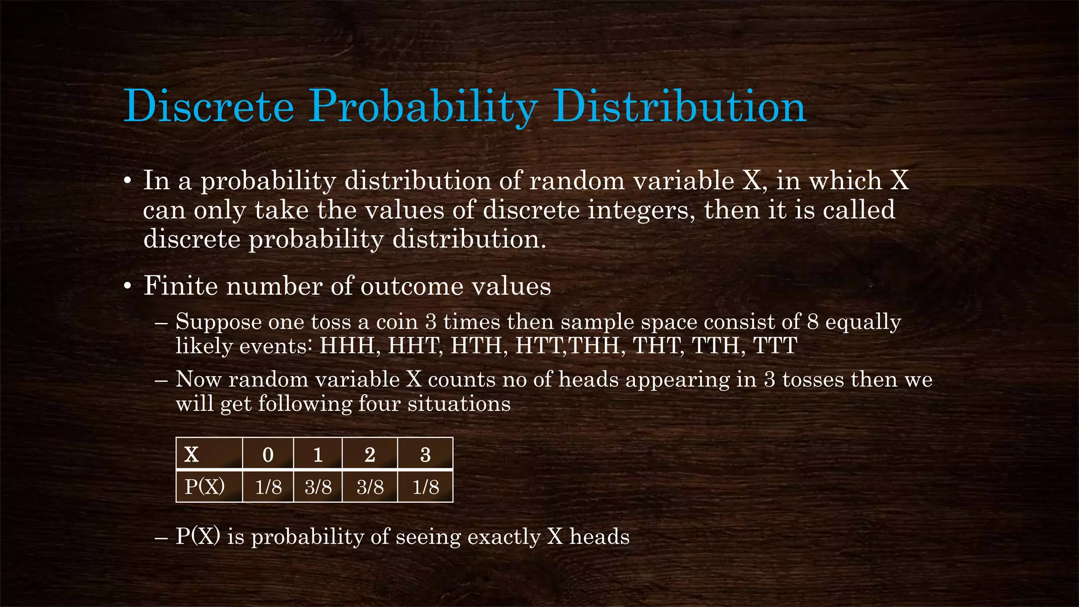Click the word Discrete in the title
tap(209, 107)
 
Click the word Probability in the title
tap(422, 107)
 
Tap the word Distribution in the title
tap(680, 107)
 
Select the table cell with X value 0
tap(268, 454)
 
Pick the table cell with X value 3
tap(425, 454)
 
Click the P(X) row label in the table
tap(205, 486)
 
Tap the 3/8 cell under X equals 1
tap(318, 486)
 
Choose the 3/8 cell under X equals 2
tap(370, 486)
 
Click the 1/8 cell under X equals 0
tap(268, 486)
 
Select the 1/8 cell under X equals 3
tap(425, 486)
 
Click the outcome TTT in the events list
tap(775, 346)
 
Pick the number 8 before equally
tap(813, 321)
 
